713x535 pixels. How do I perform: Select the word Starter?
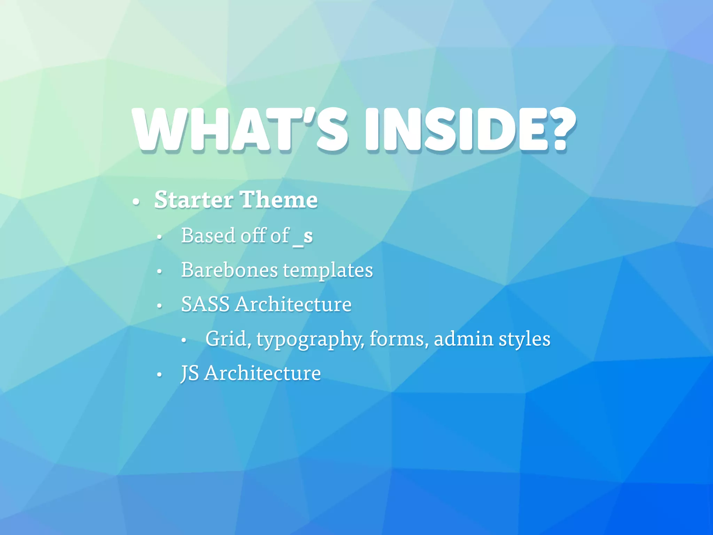194,200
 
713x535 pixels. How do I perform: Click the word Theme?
279,200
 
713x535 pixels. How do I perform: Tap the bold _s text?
303,237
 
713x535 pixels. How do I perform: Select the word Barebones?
230,270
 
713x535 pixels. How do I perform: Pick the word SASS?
205,304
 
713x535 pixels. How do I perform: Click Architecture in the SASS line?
293,304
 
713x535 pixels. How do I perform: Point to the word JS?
190,373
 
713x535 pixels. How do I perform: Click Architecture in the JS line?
262,373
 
